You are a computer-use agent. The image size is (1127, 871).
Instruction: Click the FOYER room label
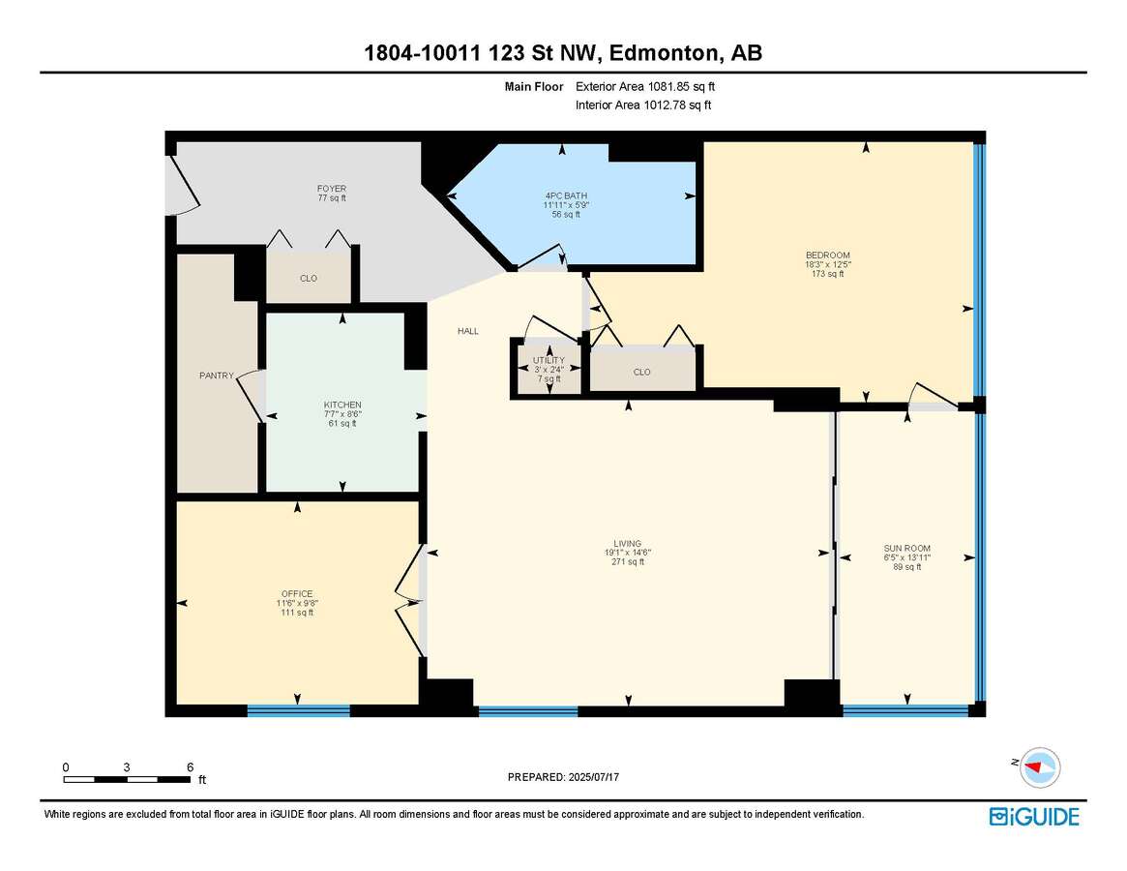click(332, 189)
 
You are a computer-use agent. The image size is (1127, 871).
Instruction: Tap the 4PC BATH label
click(566, 195)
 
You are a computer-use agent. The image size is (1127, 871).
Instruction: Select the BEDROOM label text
click(827, 255)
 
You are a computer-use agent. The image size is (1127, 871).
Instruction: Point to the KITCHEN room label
click(342, 405)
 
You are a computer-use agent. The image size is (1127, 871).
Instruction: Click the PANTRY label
click(217, 375)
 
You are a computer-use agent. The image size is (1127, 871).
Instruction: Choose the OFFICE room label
click(297, 594)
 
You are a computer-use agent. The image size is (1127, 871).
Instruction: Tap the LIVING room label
click(628, 544)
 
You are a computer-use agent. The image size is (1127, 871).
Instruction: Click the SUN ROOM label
click(907, 548)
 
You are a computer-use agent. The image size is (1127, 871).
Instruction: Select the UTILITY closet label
click(549, 360)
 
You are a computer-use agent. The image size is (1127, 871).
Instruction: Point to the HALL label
click(468, 332)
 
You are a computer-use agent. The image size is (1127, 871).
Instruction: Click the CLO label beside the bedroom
click(641, 372)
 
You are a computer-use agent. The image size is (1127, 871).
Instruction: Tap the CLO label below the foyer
click(309, 279)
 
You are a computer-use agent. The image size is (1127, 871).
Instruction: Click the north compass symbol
click(1039, 767)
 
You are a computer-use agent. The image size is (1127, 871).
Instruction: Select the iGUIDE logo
click(1034, 817)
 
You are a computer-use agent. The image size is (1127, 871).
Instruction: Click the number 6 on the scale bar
click(190, 767)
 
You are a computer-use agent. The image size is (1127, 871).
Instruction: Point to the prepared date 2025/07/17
click(594, 777)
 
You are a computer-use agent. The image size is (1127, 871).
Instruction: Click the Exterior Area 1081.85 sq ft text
click(645, 87)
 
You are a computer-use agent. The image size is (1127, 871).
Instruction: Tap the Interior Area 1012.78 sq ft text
click(643, 105)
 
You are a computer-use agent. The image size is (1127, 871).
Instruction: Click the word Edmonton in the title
click(665, 53)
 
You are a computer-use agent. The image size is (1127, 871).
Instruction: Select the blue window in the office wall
click(298, 711)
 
